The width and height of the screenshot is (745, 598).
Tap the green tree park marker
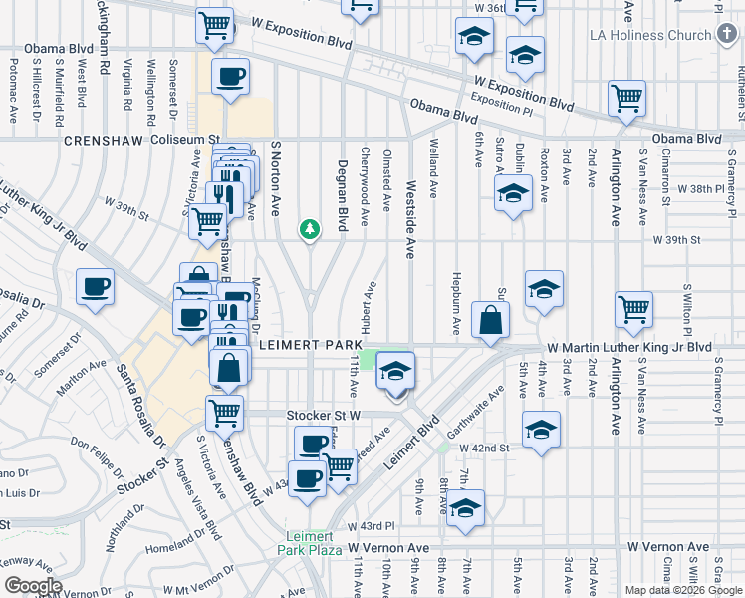click(310, 230)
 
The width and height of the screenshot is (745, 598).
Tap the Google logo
click(33, 586)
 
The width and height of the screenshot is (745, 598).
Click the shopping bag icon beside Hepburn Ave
click(491, 321)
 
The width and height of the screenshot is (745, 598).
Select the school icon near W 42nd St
click(541, 430)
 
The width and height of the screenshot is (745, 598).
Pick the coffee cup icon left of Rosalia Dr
click(96, 288)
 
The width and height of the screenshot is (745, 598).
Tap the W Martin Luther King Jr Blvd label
click(629, 348)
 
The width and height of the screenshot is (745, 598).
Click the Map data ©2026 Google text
click(682, 590)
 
